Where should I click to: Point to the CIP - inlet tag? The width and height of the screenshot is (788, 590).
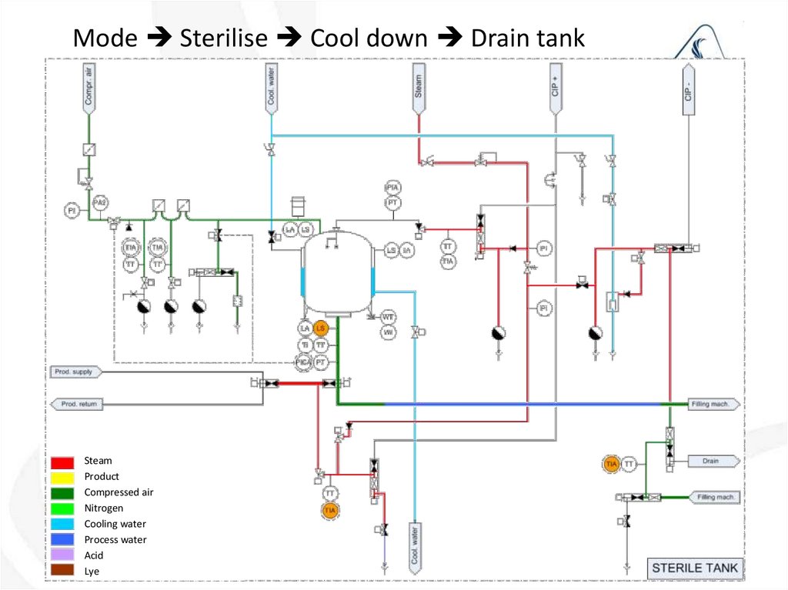click(688, 88)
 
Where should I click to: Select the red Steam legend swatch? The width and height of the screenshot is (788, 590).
click(63, 462)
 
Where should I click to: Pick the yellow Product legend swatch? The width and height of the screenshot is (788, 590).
click(63, 477)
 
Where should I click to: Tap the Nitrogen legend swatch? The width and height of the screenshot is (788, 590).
click(63, 508)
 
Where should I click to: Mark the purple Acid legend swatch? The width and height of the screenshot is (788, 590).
click(63, 555)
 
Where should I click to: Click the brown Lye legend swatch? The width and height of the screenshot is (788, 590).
click(63, 571)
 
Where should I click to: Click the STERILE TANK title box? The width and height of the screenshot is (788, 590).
click(694, 569)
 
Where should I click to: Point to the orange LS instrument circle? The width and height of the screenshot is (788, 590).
click(322, 328)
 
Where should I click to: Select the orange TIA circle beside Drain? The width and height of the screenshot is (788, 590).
click(612, 464)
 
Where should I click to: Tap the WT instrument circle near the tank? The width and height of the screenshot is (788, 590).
click(389, 317)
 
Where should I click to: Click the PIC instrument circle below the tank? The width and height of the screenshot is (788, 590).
click(304, 361)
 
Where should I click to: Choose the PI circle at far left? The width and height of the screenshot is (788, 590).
click(72, 209)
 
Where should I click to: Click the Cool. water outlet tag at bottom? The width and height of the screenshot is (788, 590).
click(416, 546)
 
